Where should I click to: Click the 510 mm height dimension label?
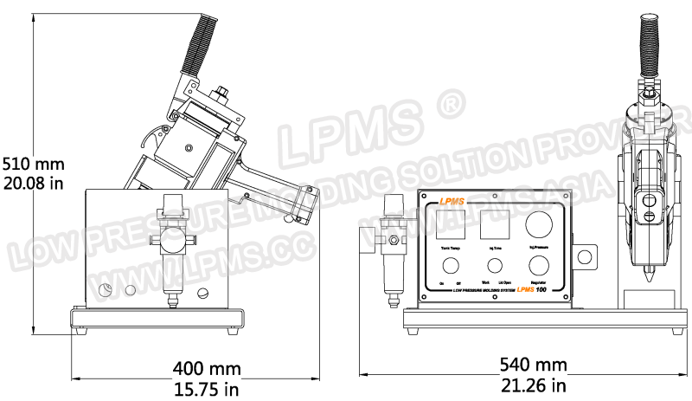(33, 163)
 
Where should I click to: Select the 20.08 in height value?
(33, 182)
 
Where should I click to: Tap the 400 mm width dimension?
(207, 368)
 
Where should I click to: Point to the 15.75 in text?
(207, 388)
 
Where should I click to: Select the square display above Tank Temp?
(451, 226)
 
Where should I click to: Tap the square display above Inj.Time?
(494, 226)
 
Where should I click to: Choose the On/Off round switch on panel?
(450, 265)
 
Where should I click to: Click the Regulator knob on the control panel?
(540, 265)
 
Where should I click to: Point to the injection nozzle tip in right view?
(649, 283)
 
